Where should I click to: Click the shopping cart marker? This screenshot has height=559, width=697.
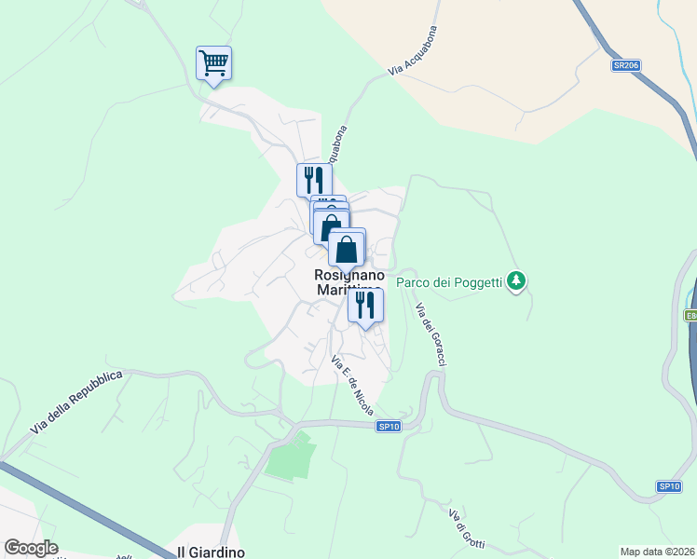coord(213,63)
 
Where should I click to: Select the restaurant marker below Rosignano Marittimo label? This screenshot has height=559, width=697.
coord(365,305)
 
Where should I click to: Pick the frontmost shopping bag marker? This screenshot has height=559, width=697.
coord(347,249)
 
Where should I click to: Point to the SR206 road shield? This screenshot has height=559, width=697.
coord(626,65)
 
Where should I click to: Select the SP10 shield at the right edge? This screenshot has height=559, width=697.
coord(668,486)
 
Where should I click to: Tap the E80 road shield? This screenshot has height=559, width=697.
coord(690,316)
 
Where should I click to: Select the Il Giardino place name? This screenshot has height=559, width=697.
coord(211,552)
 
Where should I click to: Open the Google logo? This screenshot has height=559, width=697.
coord(31,548)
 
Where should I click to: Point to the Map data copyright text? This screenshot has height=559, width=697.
coord(657,552)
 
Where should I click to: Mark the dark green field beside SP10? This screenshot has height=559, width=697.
coord(289,457)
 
